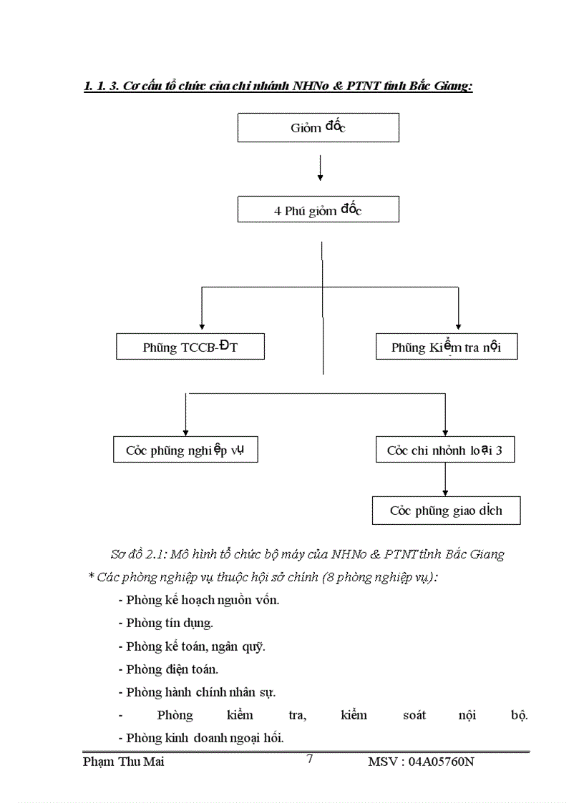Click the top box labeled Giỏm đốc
[318, 128]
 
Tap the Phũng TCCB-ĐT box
[190, 348]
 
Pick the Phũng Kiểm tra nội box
[446, 348]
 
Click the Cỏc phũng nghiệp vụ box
[185, 450]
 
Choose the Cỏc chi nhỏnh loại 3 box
[444, 450]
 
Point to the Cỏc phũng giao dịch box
[446, 511]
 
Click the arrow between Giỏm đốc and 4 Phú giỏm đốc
[320, 169]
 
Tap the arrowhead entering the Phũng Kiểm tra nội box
[459, 325]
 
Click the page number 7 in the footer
[309, 759]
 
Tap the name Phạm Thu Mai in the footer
[124, 762]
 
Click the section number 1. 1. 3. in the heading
[102, 87]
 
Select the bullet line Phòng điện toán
[172, 669]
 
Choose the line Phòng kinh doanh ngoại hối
[205, 738]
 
